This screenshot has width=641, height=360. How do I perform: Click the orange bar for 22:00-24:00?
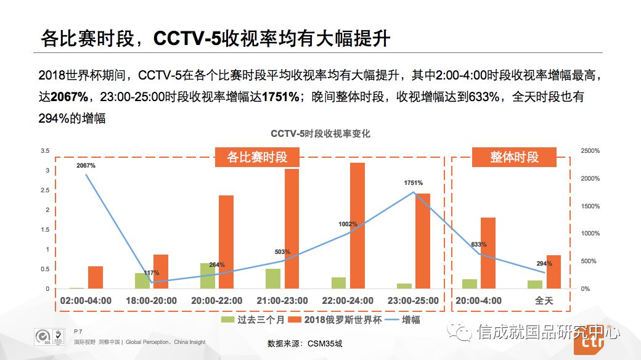click(357, 226)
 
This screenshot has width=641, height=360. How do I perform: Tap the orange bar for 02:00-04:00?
click(96, 277)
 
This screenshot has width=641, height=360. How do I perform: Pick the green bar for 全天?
click(535, 284)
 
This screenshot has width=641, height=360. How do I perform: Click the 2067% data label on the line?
click(86, 166)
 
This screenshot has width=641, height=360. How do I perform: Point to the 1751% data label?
click(414, 183)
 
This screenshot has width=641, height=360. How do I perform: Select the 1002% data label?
click(348, 224)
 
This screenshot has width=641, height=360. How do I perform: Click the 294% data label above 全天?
click(544, 263)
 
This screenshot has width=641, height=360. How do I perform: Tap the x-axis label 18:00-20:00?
click(151, 301)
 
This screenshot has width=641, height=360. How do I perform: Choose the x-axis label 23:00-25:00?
click(414, 301)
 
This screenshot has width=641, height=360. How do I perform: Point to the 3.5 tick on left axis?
click(44, 151)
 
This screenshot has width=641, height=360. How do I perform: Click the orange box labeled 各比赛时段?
click(257, 157)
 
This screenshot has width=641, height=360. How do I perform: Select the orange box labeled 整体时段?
click(514, 157)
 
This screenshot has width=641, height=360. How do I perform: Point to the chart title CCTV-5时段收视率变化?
click(320, 134)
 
